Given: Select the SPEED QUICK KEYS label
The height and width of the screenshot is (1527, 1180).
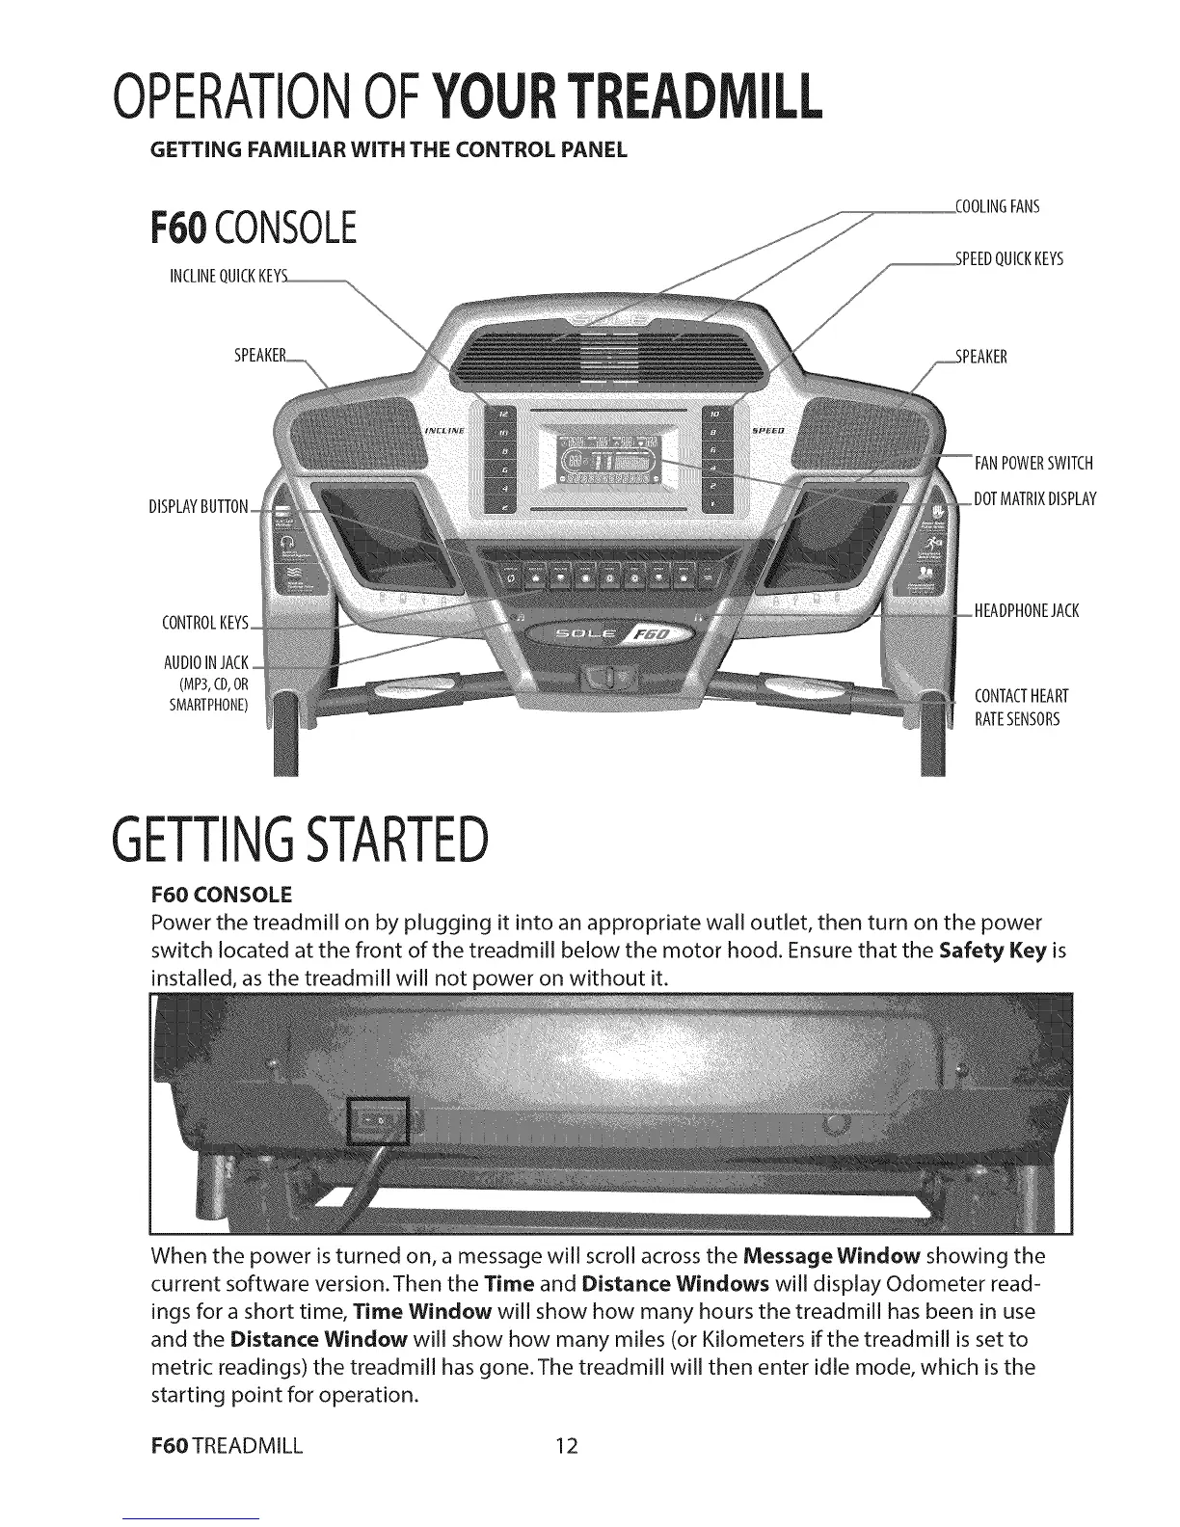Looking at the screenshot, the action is coord(1008,258).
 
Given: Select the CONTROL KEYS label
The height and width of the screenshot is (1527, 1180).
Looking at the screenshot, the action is coord(204,622).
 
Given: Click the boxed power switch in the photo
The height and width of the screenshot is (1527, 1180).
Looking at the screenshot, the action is coord(380,1121).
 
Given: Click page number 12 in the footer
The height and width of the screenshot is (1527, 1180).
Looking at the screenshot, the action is coord(566,1446).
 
